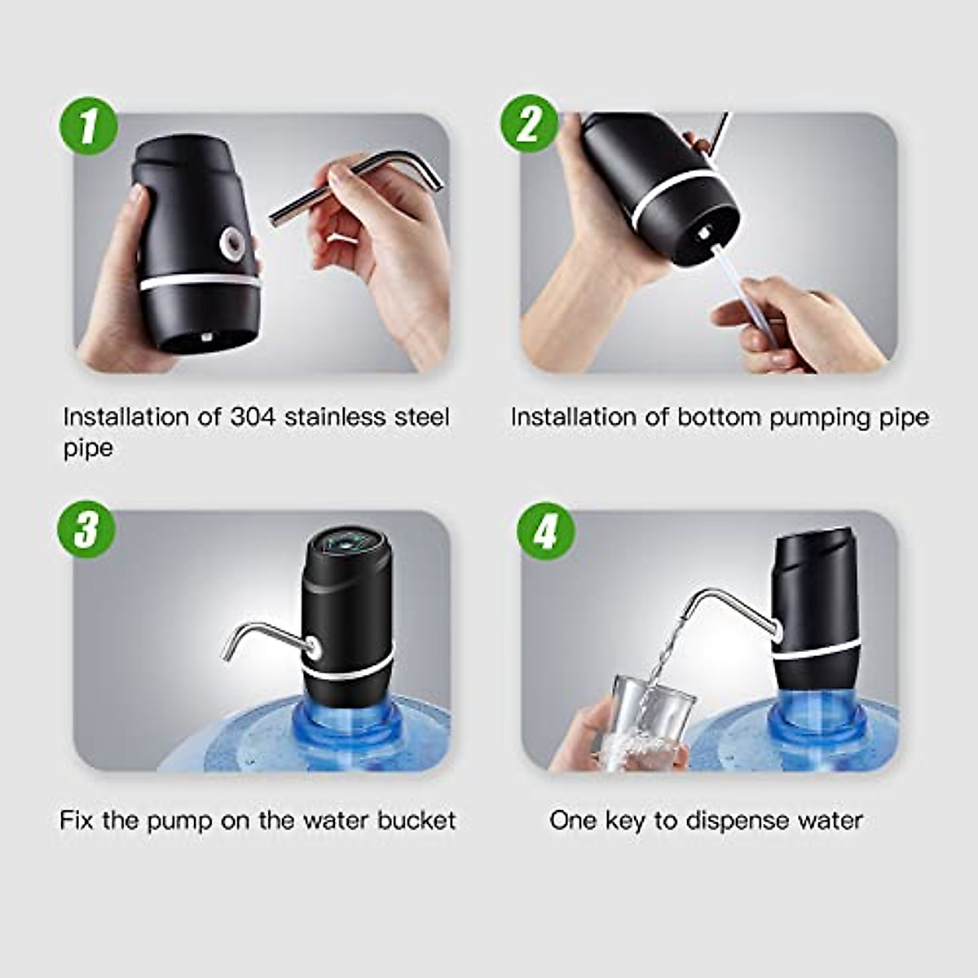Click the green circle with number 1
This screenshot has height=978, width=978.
(88, 126)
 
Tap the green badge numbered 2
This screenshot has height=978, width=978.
(530, 123)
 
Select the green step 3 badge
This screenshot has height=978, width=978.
(86, 530)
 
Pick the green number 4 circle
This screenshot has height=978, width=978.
(546, 531)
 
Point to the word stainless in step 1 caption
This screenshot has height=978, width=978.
(334, 417)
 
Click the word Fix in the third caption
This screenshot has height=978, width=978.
(77, 821)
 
